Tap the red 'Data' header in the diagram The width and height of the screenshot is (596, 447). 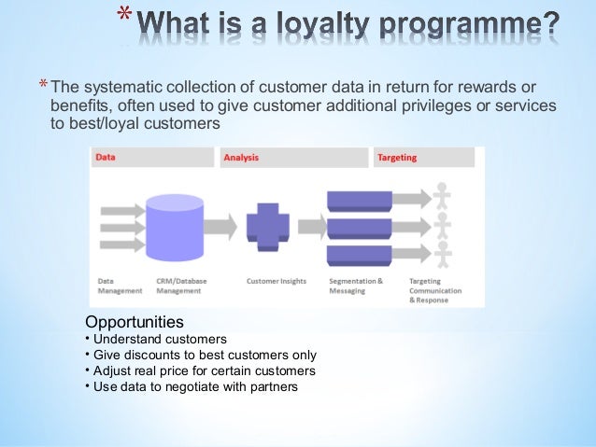(x=106, y=158)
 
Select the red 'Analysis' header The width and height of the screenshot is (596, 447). (x=241, y=158)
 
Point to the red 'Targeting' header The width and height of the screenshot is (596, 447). (x=397, y=158)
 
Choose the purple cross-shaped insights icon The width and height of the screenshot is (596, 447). (x=268, y=227)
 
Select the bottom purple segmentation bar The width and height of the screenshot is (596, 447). (x=360, y=254)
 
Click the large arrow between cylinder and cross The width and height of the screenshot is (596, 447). (x=221, y=226)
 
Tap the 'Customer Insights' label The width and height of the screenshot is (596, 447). (x=277, y=280)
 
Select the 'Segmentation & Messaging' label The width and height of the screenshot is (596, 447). (x=356, y=285)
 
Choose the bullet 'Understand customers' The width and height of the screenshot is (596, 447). (x=159, y=339)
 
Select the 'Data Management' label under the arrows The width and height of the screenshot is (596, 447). (x=120, y=285)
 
